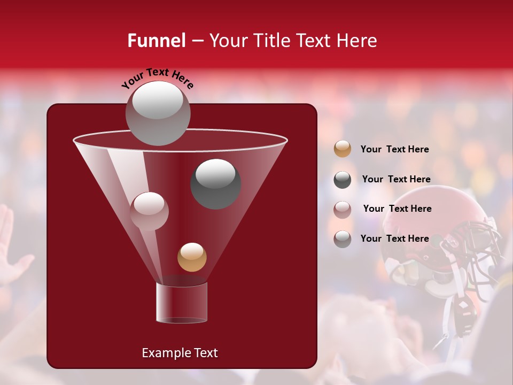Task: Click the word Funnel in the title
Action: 157,41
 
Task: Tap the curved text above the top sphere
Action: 158,78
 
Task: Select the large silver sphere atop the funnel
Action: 158,113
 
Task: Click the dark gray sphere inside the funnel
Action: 215,184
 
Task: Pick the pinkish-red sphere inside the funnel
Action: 149,211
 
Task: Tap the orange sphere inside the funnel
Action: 192,257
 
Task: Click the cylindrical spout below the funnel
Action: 182,303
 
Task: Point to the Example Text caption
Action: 180,353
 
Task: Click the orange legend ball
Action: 343,149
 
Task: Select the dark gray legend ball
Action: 343,180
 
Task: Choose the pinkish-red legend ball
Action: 343,209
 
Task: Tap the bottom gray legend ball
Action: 343,239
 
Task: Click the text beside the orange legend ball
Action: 394,149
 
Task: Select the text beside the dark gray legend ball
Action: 396,179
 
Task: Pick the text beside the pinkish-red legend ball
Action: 397,209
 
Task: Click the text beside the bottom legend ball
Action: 394,238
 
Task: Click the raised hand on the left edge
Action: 11,251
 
